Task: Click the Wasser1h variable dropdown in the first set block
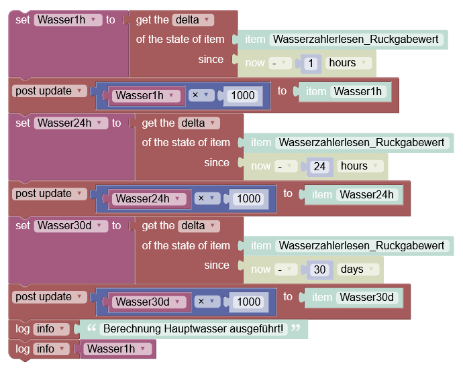tap(68, 20)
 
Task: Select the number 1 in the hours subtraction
tap(311, 63)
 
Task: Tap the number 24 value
tap(319, 166)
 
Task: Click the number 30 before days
tap(319, 269)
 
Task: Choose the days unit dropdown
tap(358, 269)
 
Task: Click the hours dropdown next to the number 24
tap(360, 166)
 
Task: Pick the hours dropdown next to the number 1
tap(348, 63)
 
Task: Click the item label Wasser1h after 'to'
tap(358, 91)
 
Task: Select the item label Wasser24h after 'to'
tap(367, 194)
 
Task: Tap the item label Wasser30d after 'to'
tap(367, 297)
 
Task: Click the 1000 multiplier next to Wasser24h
tap(249, 199)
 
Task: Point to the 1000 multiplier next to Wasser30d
tap(249, 302)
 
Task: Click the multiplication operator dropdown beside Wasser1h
tap(201, 95)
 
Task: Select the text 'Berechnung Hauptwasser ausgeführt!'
tap(193, 329)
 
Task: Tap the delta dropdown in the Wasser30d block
tap(199, 226)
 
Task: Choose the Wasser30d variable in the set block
tap(71, 226)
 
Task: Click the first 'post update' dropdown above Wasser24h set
tap(49, 91)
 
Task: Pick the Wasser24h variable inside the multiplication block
tap(149, 199)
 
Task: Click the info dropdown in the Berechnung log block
tap(51, 329)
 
